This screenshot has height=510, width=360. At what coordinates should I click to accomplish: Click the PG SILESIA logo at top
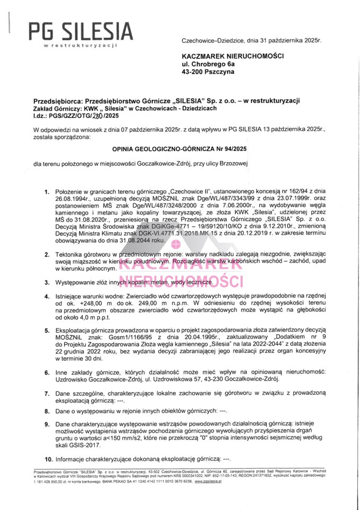pos(81,32)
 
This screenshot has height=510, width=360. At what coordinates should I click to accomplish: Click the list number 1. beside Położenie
pos(47,191)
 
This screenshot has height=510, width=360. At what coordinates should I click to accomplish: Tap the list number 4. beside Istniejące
pos(47,296)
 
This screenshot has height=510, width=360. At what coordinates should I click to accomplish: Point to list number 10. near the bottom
pos(48,458)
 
